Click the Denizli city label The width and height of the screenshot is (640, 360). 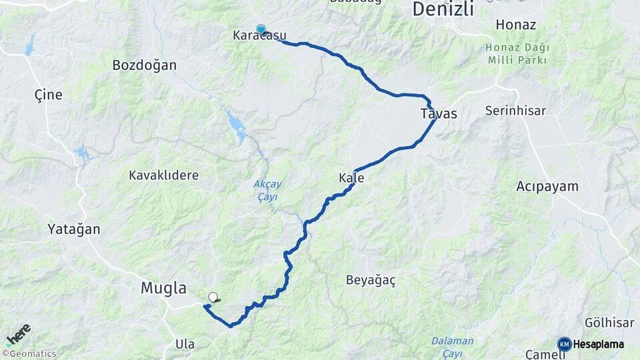tap(443, 9)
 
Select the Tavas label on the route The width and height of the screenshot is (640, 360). tap(439, 113)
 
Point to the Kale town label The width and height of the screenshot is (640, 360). tap(351, 178)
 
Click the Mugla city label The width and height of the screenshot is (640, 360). tap(163, 288)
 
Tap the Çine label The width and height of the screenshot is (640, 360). tap(48, 95)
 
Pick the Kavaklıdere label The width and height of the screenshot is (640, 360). tap(163, 175)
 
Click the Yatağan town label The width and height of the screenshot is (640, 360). tap(73, 229)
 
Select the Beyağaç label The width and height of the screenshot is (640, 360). tap(371, 280)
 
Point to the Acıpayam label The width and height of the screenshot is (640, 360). tap(547, 187)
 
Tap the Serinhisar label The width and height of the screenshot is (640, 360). tap(515, 111)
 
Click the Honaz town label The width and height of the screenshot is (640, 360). tap(516, 25)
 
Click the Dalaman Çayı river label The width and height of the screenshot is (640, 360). tap(452, 345)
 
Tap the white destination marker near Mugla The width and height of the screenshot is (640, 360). tap(213, 297)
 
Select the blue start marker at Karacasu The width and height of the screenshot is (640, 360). tap(261, 29)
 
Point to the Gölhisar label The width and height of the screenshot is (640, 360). tap(609, 323)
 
